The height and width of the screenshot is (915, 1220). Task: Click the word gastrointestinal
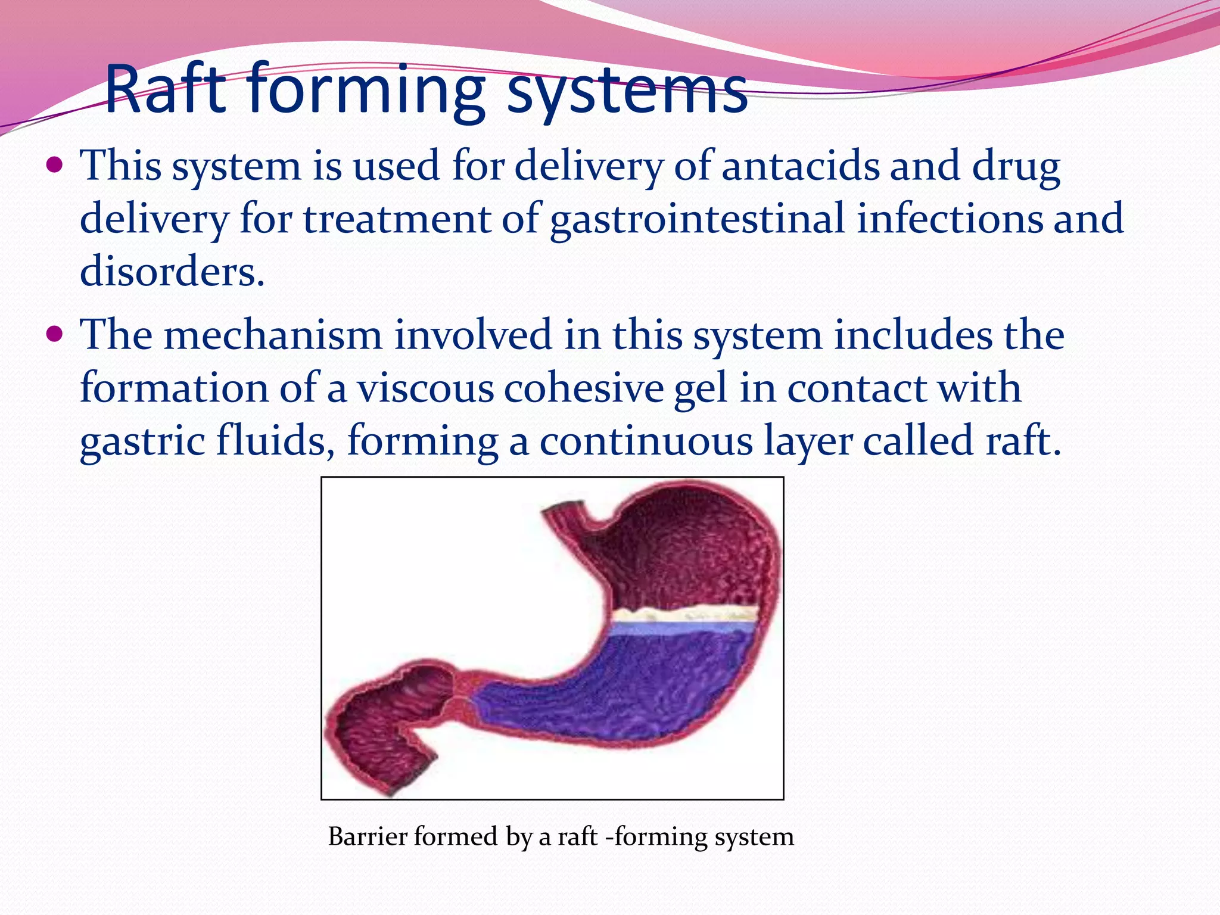tap(698, 219)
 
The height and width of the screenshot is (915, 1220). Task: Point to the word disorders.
tap(172, 272)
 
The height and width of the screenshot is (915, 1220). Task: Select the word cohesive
tap(584, 388)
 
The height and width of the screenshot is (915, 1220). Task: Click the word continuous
tap(646, 442)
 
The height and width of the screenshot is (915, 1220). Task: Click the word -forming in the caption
tap(655, 836)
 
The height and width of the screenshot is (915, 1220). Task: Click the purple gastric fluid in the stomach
tap(655, 685)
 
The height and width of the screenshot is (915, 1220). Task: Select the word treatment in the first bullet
tap(397, 219)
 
